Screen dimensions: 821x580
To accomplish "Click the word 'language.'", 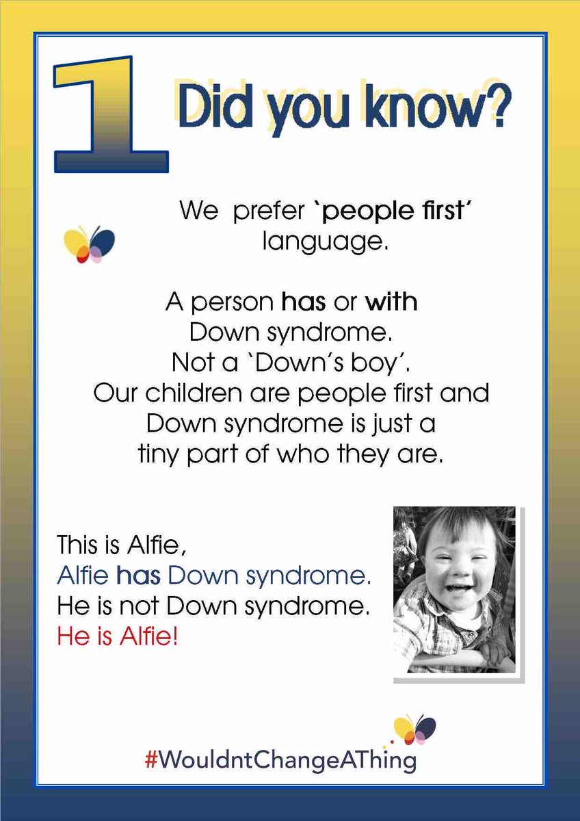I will coord(325,242).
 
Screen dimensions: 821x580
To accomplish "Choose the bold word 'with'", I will coord(391,302).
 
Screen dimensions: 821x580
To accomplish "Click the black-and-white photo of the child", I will coord(454,590).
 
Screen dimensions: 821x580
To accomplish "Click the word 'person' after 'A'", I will coord(230,302).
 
